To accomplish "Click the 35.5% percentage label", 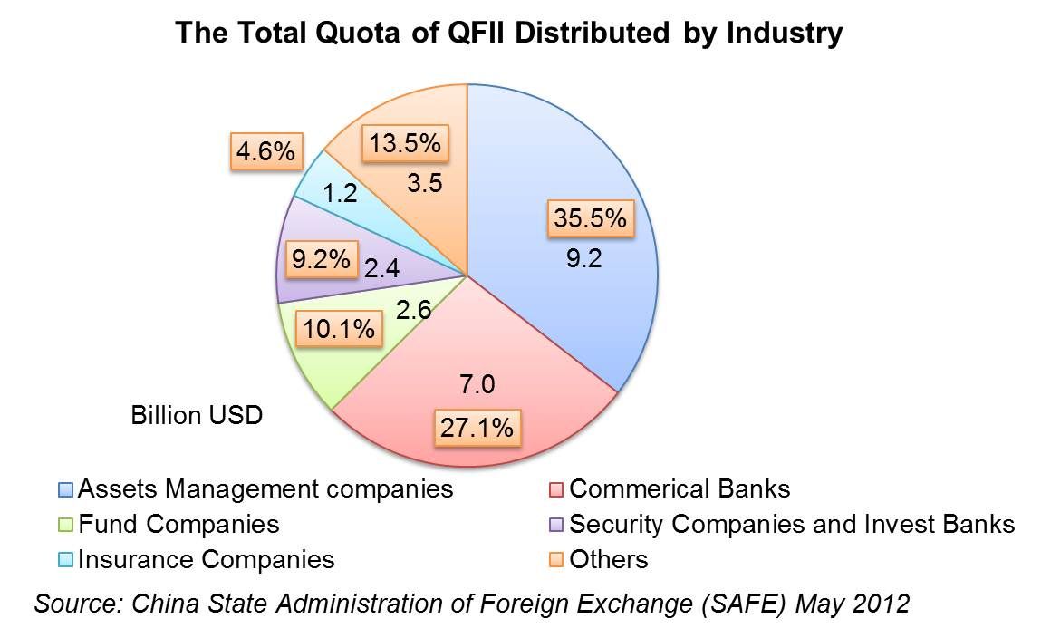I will click(589, 219).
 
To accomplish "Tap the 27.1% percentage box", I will click(477, 427).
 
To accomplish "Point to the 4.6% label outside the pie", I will click(265, 152).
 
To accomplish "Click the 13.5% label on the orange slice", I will click(404, 143).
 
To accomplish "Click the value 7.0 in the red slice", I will click(477, 384).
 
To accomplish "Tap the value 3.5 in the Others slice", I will click(423, 184).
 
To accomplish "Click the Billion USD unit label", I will click(197, 416).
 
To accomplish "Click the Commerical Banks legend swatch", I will click(556, 490).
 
